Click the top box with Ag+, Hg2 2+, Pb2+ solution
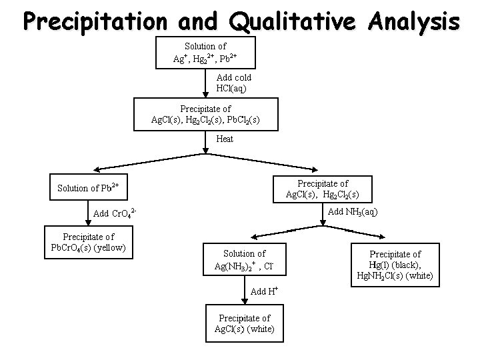[x=205, y=53]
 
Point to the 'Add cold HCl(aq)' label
[x=234, y=83]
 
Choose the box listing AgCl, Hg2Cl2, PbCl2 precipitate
[x=205, y=114]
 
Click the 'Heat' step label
[x=225, y=139]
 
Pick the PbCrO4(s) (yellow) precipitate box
[x=88, y=243]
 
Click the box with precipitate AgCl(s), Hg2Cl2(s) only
[x=323, y=189]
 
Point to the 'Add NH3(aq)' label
[x=354, y=212]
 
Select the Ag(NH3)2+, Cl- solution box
[x=244, y=260]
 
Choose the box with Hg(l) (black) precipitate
[x=395, y=265]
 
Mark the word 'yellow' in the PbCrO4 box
[x=115, y=249]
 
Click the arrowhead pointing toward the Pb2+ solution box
[x=97, y=171]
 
